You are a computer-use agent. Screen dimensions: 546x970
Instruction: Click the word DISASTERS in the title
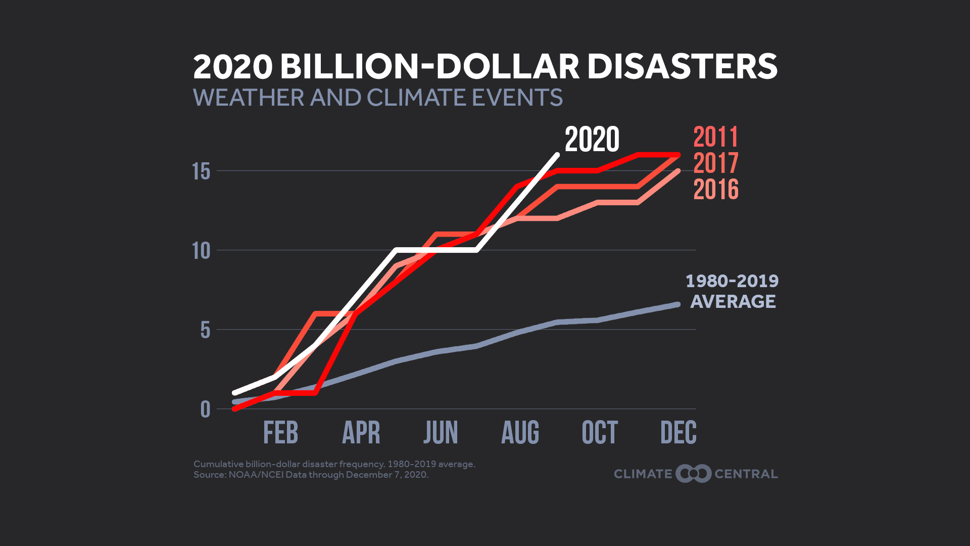pyautogui.click(x=682, y=67)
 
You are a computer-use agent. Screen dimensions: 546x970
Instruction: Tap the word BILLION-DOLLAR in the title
pyautogui.click(x=429, y=67)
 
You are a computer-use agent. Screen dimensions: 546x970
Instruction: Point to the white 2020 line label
pyautogui.click(x=592, y=140)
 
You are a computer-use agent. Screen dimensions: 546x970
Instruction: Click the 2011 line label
pyautogui.click(x=715, y=137)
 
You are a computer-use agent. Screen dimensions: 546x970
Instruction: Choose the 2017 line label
pyautogui.click(x=715, y=163)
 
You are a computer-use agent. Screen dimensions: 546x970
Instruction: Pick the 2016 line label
pyautogui.click(x=715, y=190)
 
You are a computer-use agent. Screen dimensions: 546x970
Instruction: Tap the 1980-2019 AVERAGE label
pyautogui.click(x=732, y=291)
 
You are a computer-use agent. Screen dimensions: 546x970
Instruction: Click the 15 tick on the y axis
pyautogui.click(x=201, y=172)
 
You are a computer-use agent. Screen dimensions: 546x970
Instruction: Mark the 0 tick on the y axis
pyautogui.click(x=205, y=409)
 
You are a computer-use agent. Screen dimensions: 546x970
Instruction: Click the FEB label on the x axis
pyautogui.click(x=280, y=433)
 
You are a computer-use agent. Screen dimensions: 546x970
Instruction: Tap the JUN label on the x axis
pyautogui.click(x=441, y=433)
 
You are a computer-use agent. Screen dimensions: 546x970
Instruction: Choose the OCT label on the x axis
pyautogui.click(x=600, y=433)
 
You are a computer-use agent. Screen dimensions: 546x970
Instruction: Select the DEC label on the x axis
pyautogui.click(x=678, y=433)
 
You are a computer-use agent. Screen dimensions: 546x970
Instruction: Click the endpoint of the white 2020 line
pyautogui.click(x=557, y=155)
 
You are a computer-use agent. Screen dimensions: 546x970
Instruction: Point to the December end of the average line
pyautogui.click(x=677, y=304)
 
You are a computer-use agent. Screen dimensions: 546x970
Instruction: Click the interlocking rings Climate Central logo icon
pyautogui.click(x=694, y=474)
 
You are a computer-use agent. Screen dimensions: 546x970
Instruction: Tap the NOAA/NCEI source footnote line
pyautogui.click(x=311, y=475)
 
